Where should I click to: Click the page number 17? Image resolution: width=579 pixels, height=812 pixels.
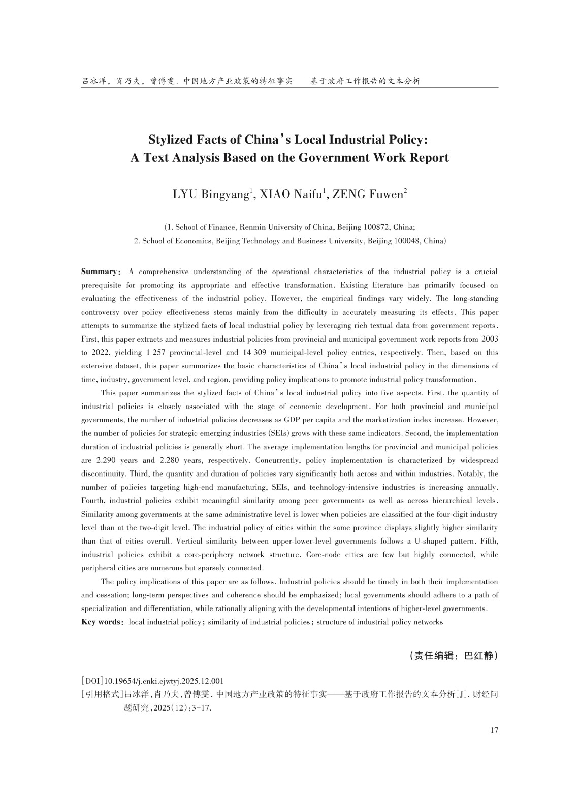(494, 730)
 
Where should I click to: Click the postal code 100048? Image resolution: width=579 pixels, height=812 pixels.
(404, 241)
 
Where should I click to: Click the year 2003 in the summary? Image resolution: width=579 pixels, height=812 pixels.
(490, 339)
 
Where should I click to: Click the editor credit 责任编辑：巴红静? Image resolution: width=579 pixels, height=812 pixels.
(453, 656)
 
